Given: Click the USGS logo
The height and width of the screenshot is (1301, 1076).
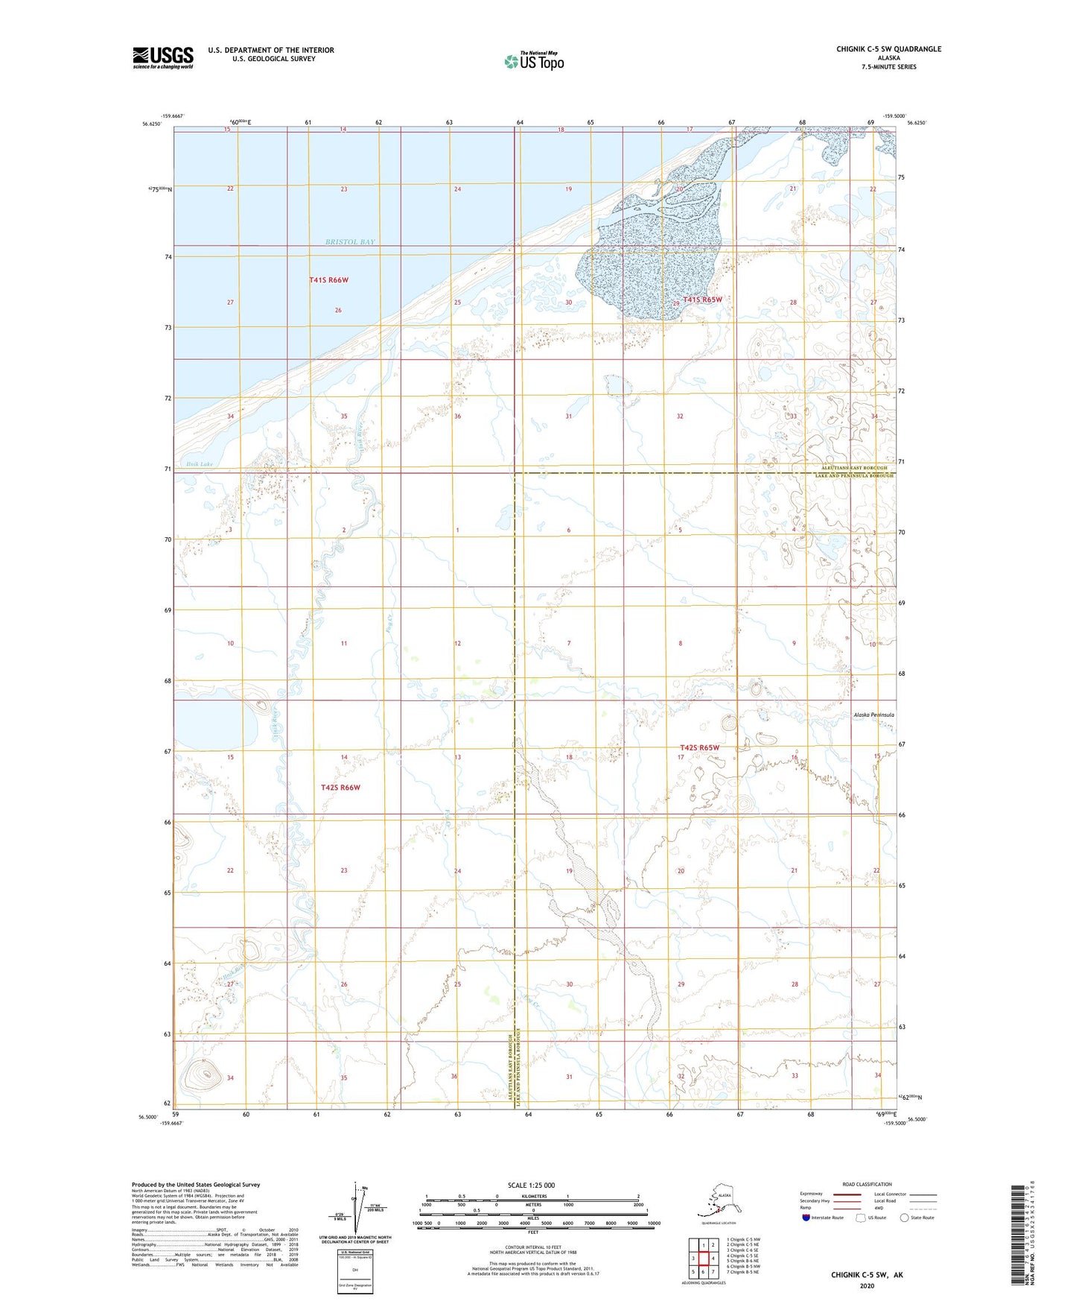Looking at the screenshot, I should (x=162, y=57).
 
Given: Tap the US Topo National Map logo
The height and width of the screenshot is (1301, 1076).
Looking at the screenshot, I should (x=534, y=60).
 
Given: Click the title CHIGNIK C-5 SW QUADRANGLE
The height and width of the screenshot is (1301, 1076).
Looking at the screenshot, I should (x=888, y=49).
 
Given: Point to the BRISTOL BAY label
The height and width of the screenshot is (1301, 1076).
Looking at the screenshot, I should (x=350, y=242).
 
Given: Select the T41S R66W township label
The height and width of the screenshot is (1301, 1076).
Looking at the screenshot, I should (x=328, y=280).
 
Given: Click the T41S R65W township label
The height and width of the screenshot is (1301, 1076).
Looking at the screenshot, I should (x=702, y=300).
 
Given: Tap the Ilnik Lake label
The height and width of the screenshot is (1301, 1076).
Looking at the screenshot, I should (x=196, y=464).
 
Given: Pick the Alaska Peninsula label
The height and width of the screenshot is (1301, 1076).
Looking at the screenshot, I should (x=873, y=715).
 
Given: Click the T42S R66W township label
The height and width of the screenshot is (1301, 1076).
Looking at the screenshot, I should (x=340, y=788).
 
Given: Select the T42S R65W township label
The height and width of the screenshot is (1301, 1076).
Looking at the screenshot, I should (x=699, y=747).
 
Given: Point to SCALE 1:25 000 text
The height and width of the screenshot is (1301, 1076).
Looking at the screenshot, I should (x=531, y=1185).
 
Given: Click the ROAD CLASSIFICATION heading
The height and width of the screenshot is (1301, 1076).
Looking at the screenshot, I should (x=867, y=1184).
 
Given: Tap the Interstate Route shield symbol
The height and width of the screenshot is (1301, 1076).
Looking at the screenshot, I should (x=806, y=1218).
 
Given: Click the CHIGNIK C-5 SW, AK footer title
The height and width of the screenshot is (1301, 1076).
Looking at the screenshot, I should (x=867, y=1275).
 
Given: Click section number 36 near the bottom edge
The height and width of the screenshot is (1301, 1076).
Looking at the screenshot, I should (x=454, y=1076).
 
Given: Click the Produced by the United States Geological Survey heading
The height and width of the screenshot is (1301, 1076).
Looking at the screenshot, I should (x=196, y=1184).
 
